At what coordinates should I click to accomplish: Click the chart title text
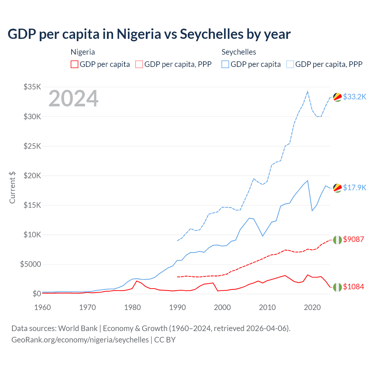coord(149,34)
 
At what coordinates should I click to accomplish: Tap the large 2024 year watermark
coord(74,98)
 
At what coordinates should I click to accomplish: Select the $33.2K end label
coord(354,97)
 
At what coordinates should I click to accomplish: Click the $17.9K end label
coord(354,188)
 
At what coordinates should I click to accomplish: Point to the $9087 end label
coord(353,239)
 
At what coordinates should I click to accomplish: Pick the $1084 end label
coord(353,287)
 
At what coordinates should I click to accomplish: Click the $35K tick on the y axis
coord(32,87)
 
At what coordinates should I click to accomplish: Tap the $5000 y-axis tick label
coord(30,264)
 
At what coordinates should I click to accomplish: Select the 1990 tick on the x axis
coord(177,307)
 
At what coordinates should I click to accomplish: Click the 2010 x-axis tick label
coord(267,307)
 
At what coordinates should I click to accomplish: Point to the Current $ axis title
coord(12,188)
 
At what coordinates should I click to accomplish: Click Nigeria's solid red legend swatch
coord(75,64)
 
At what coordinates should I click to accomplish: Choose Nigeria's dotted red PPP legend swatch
coord(139,64)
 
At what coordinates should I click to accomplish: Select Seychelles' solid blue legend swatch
coord(225,64)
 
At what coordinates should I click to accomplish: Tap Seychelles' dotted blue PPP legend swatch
coord(290,64)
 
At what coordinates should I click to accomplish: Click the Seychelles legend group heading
coord(239,52)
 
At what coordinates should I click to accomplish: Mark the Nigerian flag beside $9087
coord(337,240)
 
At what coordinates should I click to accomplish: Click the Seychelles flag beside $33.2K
coord(337,97)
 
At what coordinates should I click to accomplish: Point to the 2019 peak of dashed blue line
coord(307,91)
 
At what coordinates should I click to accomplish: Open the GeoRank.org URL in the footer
coord(80,340)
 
